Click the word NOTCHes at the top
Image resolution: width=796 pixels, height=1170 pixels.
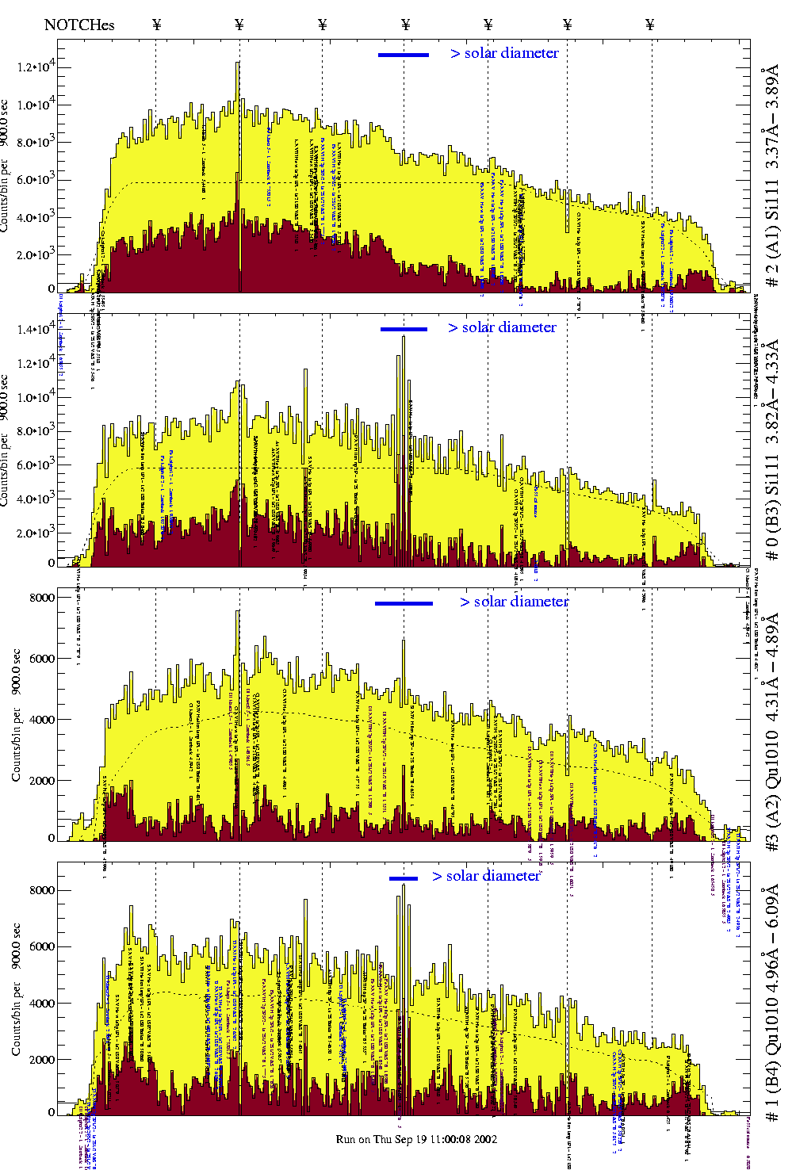(79, 25)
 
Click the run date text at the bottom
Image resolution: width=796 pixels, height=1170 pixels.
(416, 1139)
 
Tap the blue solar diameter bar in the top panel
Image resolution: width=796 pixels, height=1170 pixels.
(404, 55)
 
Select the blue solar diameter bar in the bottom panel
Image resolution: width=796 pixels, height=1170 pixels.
(404, 878)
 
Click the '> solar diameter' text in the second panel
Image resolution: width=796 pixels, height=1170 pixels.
(502, 327)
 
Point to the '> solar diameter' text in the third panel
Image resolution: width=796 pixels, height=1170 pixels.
(514, 602)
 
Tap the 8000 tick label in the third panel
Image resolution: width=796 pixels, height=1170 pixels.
(42, 598)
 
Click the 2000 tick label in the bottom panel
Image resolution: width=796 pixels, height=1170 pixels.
(42, 1060)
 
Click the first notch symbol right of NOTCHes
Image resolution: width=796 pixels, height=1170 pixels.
(157, 25)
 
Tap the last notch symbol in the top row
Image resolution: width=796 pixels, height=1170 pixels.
(650, 25)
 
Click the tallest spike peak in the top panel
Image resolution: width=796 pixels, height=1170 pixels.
(238, 63)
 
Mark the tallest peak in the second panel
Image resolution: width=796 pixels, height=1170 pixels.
(404, 337)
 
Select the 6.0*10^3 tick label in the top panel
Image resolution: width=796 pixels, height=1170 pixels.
(36, 180)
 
